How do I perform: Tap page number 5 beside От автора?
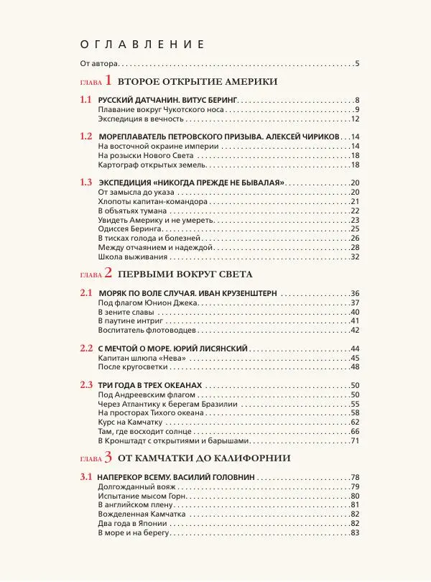(x=356, y=65)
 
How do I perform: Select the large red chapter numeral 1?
(x=109, y=81)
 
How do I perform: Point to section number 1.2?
(x=86, y=136)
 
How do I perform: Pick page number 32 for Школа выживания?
(x=354, y=257)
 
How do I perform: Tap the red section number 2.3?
(x=86, y=384)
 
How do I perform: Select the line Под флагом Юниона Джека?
(x=147, y=302)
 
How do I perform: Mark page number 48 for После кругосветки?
(x=354, y=366)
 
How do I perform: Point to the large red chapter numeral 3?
(x=108, y=458)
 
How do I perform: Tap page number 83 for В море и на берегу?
(x=354, y=533)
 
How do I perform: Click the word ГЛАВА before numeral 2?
(x=91, y=274)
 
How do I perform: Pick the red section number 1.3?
(x=86, y=182)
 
